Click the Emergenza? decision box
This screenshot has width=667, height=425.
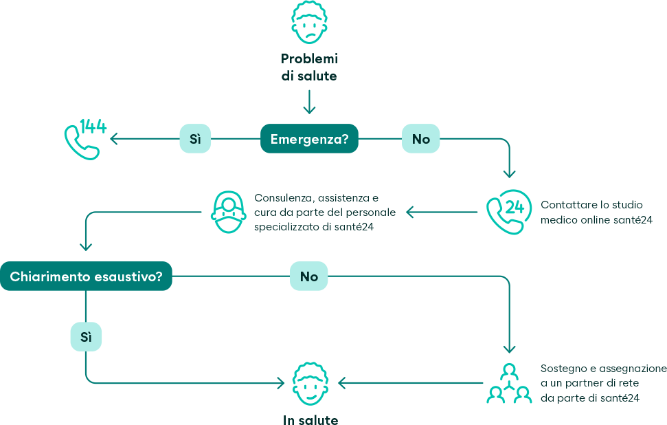309,139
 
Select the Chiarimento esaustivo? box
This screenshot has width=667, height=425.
86,276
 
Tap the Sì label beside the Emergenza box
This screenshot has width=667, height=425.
195,139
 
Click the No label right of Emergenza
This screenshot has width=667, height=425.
420,139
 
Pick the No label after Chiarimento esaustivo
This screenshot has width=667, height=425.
309,276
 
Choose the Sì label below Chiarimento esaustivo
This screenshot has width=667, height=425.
86,338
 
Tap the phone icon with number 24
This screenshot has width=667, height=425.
508,212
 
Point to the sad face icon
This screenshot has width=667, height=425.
309,22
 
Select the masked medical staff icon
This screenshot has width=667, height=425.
229,212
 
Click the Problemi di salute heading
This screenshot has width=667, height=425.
309,67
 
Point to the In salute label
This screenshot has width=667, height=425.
310,419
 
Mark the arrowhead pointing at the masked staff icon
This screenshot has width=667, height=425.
409,212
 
